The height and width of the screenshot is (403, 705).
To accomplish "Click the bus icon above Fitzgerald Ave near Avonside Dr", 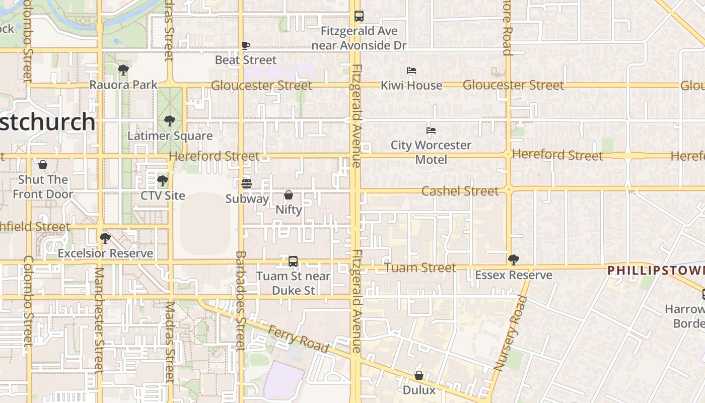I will pyautogui.click(x=359, y=16).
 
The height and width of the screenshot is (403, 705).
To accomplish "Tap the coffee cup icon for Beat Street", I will pyautogui.click(x=246, y=46).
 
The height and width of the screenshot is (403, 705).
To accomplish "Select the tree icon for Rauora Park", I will pyautogui.click(x=123, y=70).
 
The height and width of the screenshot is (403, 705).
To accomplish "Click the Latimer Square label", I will pyautogui.click(x=170, y=136).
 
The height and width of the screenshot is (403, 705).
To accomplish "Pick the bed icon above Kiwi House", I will pyautogui.click(x=411, y=71).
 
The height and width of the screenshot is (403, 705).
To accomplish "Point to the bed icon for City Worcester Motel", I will pyautogui.click(x=431, y=130).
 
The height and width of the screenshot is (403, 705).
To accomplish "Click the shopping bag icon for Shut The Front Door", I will pyautogui.click(x=43, y=165).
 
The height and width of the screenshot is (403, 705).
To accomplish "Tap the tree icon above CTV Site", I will pyautogui.click(x=162, y=180).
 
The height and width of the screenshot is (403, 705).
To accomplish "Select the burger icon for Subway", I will pyautogui.click(x=246, y=184).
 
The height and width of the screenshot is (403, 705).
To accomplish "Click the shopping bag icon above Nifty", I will pyautogui.click(x=289, y=195).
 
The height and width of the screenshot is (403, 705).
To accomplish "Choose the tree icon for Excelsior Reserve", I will pyautogui.click(x=105, y=238).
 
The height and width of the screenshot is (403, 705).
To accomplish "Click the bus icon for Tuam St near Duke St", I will pyautogui.click(x=293, y=261).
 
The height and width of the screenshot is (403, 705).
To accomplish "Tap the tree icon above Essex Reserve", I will pyautogui.click(x=514, y=260).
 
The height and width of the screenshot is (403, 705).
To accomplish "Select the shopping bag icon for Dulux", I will pyautogui.click(x=419, y=375).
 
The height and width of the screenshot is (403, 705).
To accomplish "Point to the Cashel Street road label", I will pyautogui.click(x=460, y=191).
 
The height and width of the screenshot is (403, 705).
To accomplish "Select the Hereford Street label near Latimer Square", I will pyautogui.click(x=214, y=156).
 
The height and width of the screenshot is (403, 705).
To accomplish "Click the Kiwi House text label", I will pyautogui.click(x=411, y=85).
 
